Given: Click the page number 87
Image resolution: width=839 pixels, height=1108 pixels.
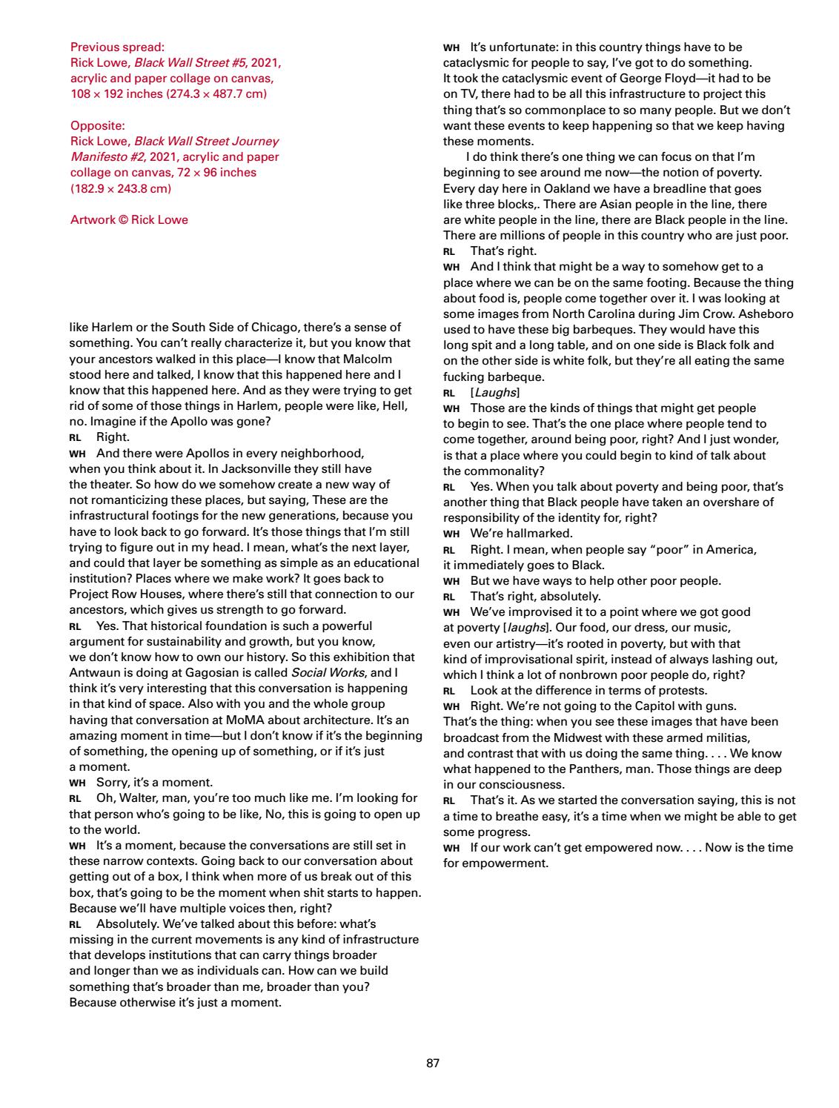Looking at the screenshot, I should pos(434,1063).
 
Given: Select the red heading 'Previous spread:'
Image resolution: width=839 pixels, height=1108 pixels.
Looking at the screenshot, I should pos(117,47).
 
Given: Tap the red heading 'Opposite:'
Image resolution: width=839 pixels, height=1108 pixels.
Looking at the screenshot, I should pos(97,125).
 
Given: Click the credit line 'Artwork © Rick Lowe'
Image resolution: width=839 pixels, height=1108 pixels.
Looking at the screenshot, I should pos(129,219).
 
